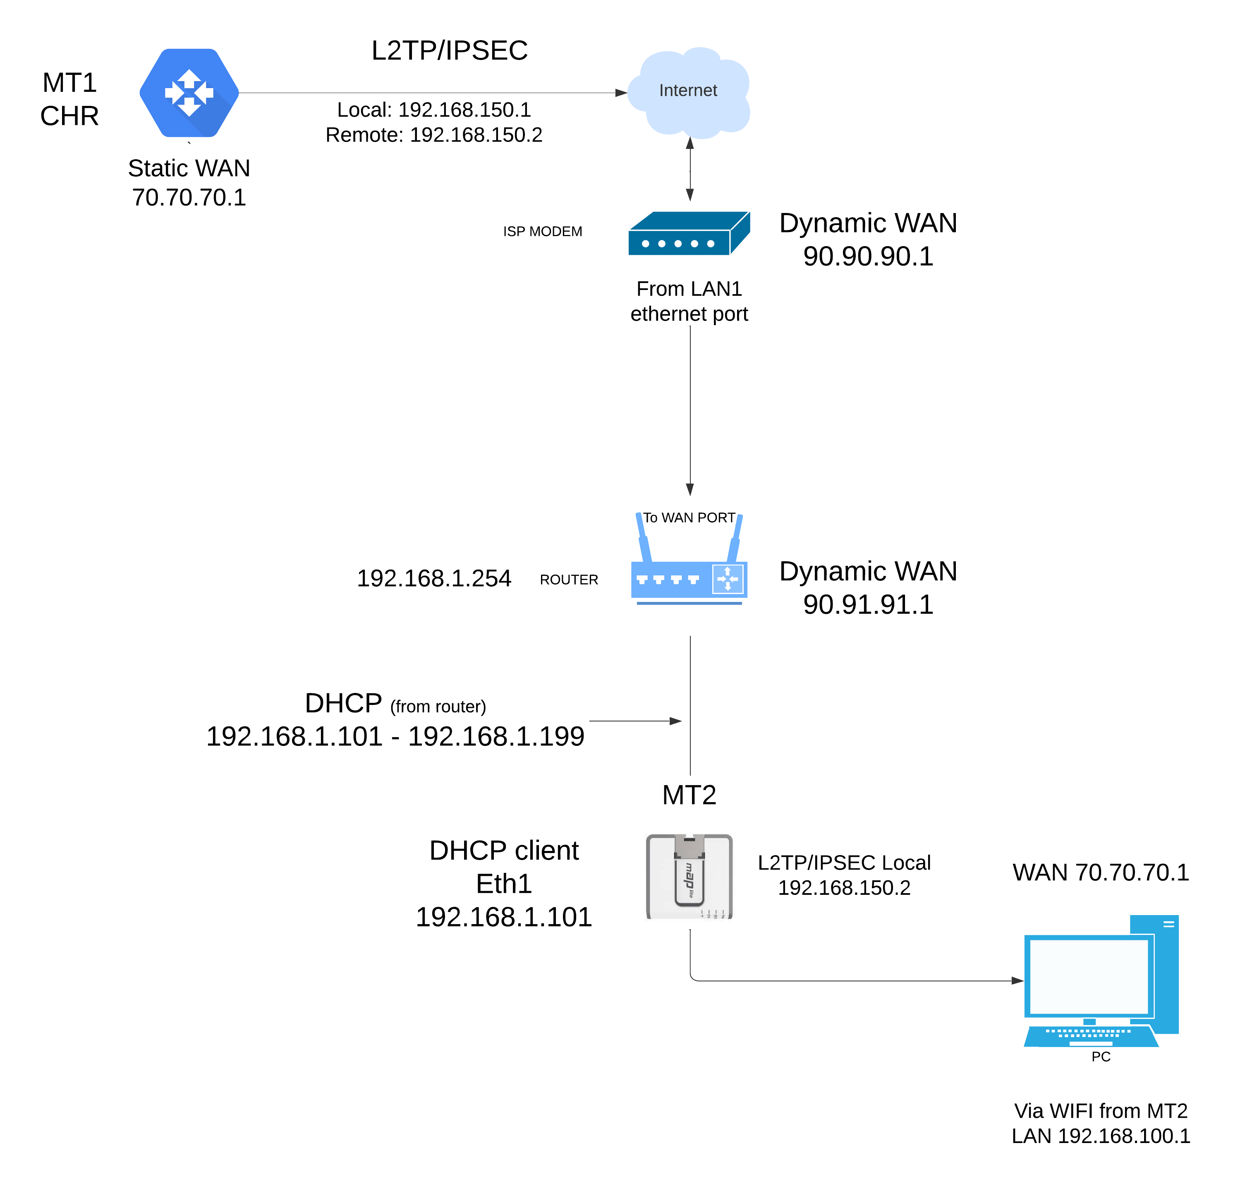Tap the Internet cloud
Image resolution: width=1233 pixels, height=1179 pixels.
[688, 91]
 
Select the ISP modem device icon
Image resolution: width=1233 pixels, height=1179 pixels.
[688, 233]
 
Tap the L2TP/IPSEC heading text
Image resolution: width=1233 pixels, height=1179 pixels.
[449, 50]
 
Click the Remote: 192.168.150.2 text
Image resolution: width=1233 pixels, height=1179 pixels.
[433, 134]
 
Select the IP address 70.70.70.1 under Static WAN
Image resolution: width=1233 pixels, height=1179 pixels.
[189, 197]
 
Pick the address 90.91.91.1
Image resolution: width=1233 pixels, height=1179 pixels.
[867, 604]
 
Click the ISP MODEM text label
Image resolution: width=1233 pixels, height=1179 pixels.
[542, 231]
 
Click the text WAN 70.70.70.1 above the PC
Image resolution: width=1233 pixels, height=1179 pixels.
[1100, 872]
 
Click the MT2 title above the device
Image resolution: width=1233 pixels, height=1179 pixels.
[689, 795]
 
